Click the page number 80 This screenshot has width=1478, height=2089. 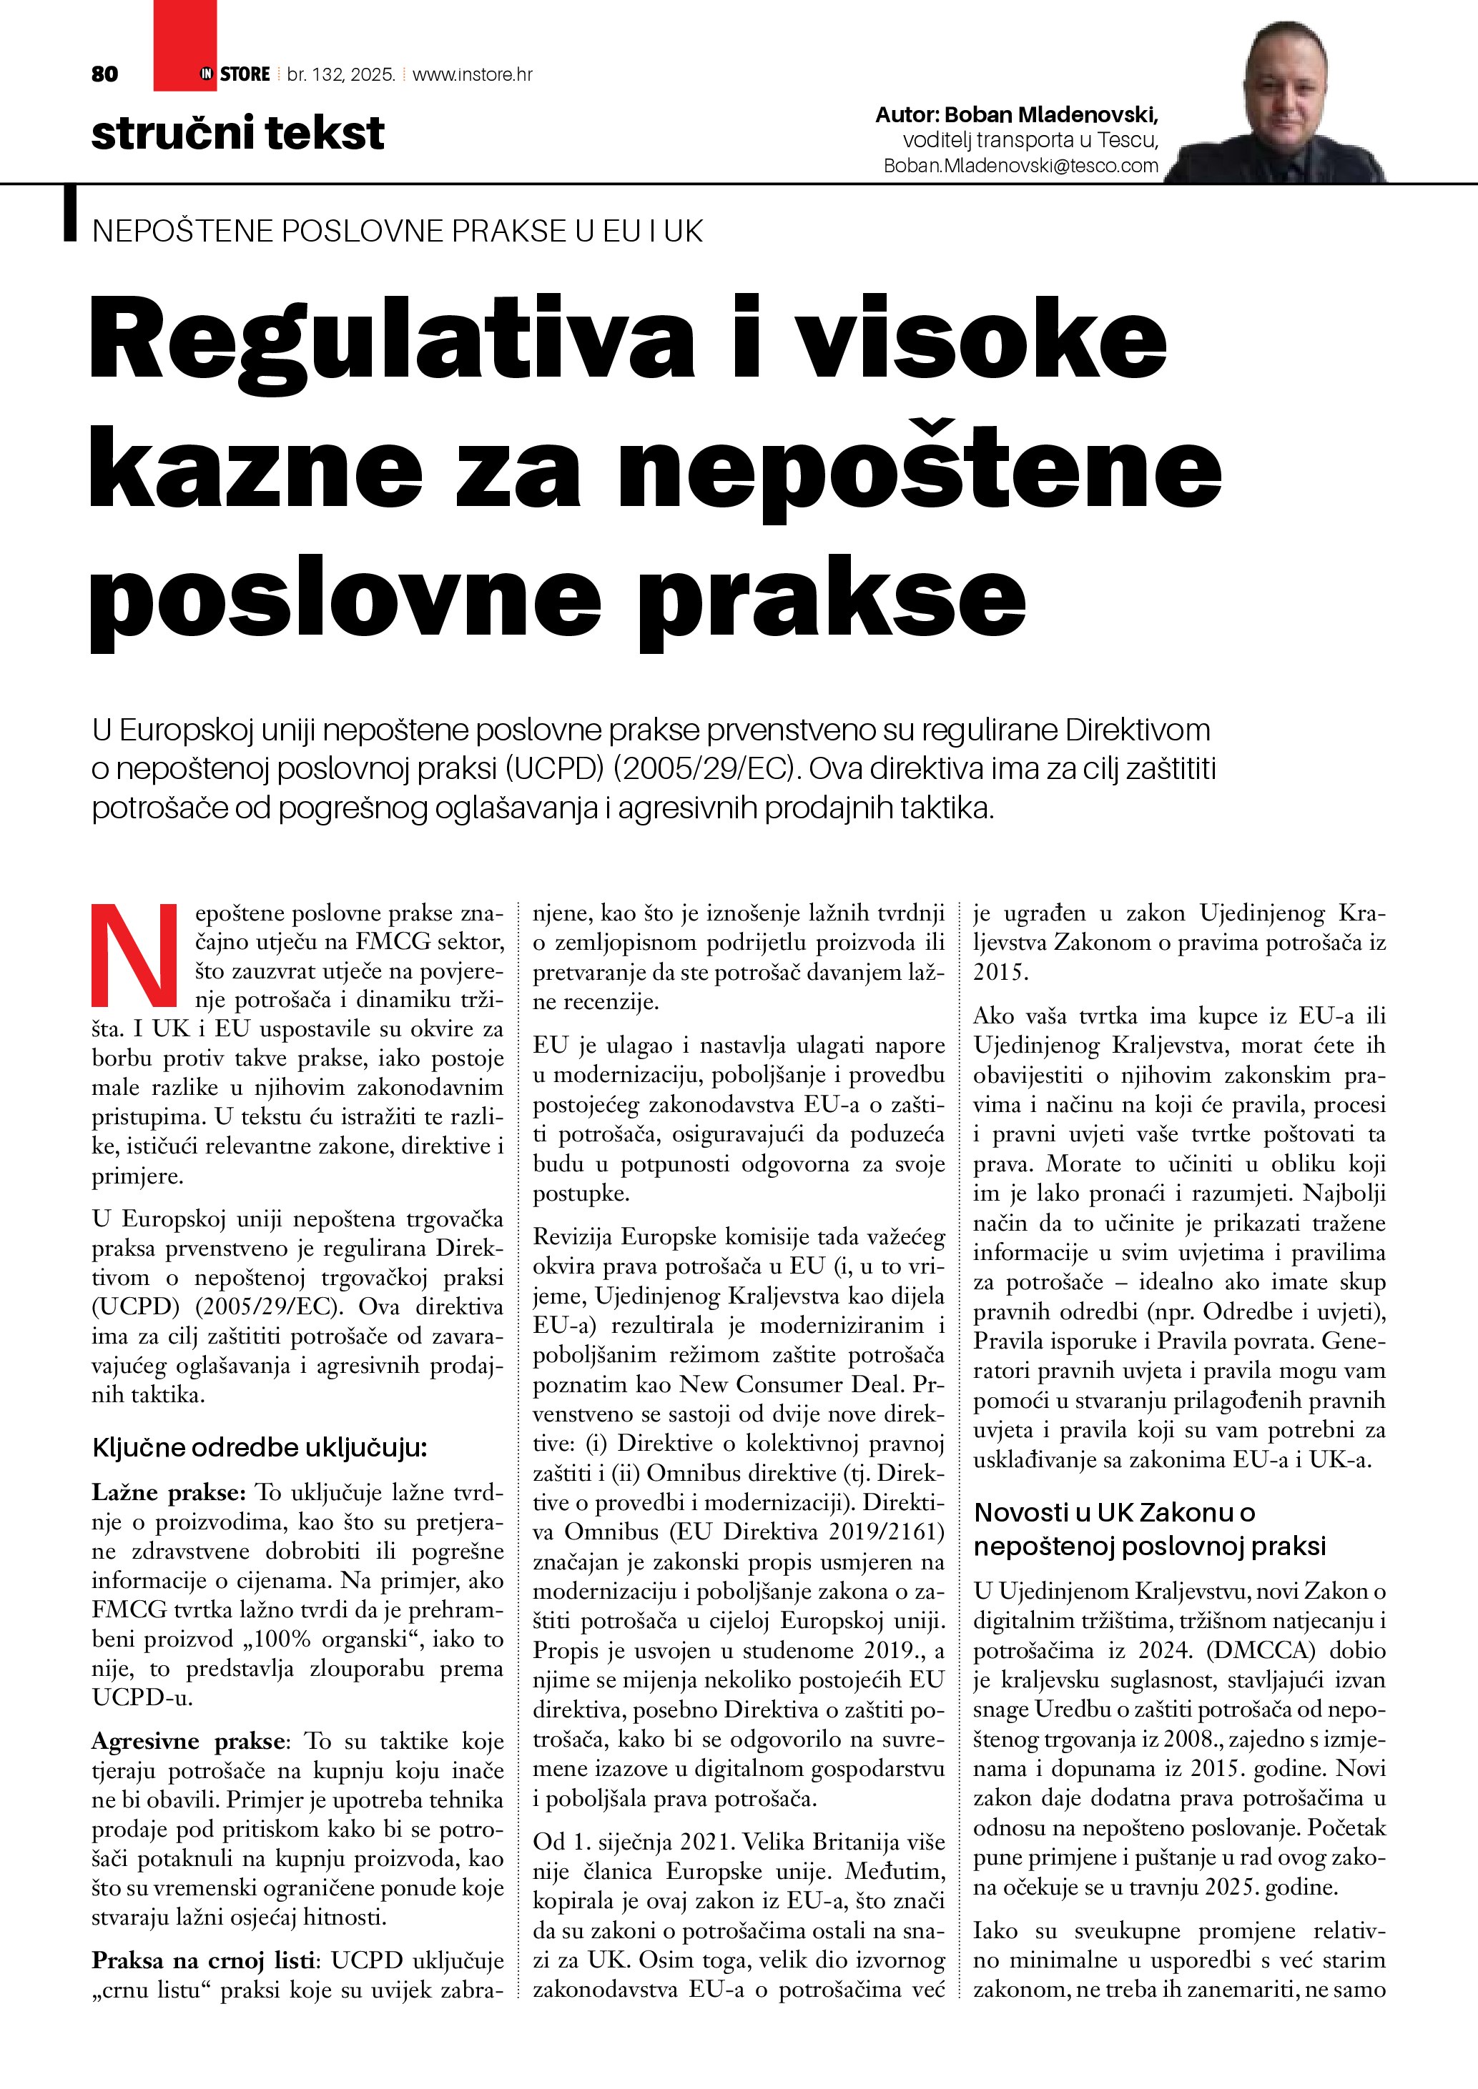[x=104, y=74]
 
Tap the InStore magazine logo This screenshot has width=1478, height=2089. [x=235, y=74]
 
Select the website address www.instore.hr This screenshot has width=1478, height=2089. [x=473, y=74]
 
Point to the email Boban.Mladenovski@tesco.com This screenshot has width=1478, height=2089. [x=1021, y=166]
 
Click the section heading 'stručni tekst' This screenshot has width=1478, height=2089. [x=237, y=133]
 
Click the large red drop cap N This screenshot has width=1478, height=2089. [x=134, y=956]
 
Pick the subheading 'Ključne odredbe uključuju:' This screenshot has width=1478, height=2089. [x=260, y=1447]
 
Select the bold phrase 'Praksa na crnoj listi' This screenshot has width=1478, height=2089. [x=205, y=1960]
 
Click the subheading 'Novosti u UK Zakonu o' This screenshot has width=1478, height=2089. [x=1114, y=1512]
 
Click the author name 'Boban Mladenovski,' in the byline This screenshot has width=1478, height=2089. [x=1051, y=116]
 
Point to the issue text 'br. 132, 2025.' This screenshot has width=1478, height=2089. [x=341, y=74]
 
